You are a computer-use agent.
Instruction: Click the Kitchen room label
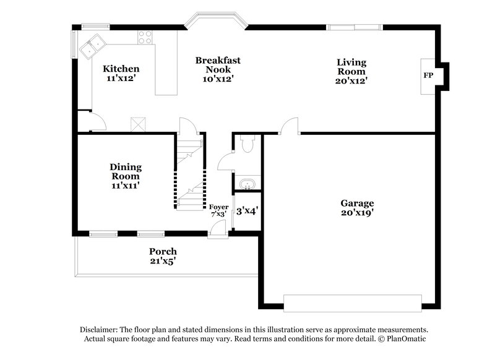[121, 74]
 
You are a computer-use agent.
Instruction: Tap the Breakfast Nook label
[218, 69]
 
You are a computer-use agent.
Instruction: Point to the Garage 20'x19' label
[357, 207]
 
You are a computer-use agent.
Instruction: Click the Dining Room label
[126, 175]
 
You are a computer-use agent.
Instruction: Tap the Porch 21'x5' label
[163, 256]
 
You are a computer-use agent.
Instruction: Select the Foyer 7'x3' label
[218, 210]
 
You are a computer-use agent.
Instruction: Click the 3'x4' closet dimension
[247, 210]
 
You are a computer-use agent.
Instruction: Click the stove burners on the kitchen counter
[145, 37]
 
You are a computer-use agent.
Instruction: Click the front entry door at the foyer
[218, 229]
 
